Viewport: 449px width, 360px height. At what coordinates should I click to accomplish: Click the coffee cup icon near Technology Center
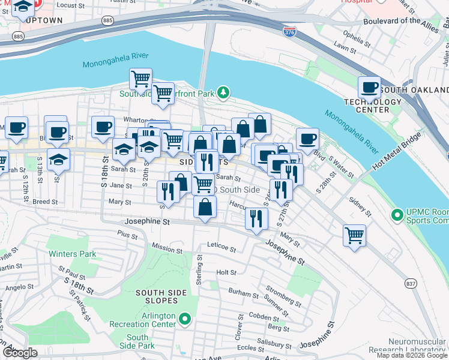369,88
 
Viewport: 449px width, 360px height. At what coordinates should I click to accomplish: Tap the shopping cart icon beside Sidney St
355,235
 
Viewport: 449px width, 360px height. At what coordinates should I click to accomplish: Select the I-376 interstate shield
289,30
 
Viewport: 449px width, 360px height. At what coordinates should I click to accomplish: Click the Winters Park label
73,254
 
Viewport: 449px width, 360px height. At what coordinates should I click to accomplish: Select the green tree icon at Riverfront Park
223,92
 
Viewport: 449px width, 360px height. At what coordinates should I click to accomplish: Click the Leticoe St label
222,248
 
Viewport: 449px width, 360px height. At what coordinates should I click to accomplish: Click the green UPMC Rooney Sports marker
396,214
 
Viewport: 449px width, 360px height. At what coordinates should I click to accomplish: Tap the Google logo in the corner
20,353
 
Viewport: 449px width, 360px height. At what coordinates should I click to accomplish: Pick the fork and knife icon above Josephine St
256,218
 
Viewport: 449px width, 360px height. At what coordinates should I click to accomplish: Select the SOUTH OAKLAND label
414,90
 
